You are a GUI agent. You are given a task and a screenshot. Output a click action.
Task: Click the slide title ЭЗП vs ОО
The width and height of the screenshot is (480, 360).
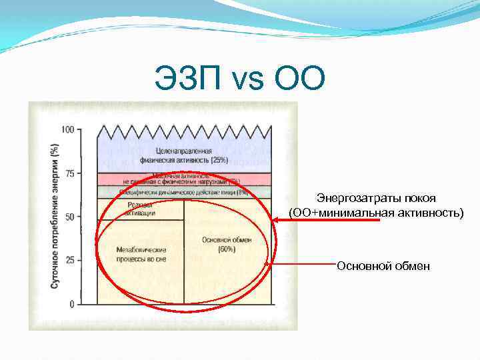pyautogui.click(x=239, y=79)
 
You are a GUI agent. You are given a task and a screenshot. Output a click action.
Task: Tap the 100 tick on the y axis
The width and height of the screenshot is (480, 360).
pyautogui.click(x=67, y=129)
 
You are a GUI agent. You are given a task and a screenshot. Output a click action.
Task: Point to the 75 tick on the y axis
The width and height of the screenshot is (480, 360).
pyautogui.click(x=69, y=173)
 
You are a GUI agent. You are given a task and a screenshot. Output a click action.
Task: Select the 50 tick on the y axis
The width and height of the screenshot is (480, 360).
pyautogui.click(x=69, y=217)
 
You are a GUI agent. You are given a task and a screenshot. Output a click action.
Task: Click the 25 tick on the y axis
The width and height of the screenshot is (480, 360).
pyautogui.click(x=69, y=260)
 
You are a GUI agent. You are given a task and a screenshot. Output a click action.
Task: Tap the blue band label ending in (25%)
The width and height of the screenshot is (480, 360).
pyautogui.click(x=183, y=155)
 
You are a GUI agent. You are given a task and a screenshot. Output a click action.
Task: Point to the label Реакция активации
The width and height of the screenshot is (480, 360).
pyautogui.click(x=140, y=209)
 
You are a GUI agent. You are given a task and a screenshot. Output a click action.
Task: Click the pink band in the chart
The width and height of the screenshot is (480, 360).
pyautogui.click(x=183, y=179)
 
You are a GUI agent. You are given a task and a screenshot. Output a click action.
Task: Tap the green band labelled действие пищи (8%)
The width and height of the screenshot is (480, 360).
pyautogui.click(x=183, y=192)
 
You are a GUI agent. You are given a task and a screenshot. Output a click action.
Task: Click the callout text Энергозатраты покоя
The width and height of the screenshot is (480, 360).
pyautogui.click(x=375, y=199)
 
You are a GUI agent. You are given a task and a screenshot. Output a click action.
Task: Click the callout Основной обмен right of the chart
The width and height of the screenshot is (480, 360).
pyautogui.click(x=383, y=266)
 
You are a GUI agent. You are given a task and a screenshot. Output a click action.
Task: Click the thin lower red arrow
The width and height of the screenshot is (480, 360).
pyautogui.click(x=303, y=265)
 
